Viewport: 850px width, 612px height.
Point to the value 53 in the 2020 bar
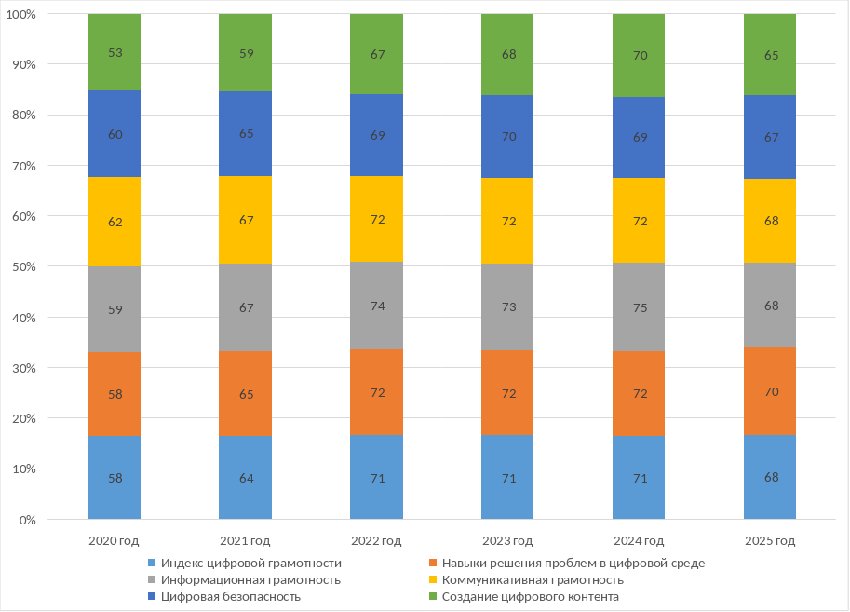point(115,53)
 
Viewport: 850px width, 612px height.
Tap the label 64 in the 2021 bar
point(245,478)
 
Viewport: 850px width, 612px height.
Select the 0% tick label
point(51,520)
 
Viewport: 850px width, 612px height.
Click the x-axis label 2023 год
point(507,541)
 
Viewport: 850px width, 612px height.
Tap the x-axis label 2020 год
point(114,541)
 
